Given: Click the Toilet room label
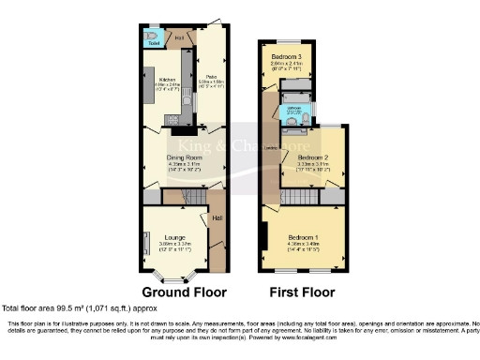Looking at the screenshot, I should [154, 43].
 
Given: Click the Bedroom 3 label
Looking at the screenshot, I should [287, 58].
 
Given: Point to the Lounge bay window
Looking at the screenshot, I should [171, 276].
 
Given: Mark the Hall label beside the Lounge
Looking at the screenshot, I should [217, 218].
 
